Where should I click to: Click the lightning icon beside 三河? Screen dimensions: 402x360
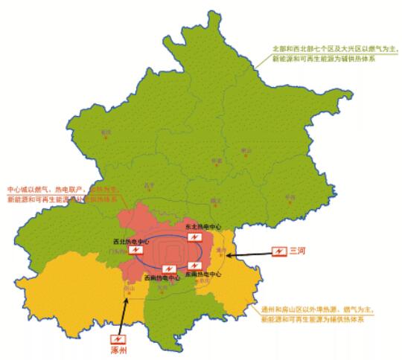(278, 252)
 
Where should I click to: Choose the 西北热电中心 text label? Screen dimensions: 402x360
(132, 241)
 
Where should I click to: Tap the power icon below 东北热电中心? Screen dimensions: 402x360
(195, 237)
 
